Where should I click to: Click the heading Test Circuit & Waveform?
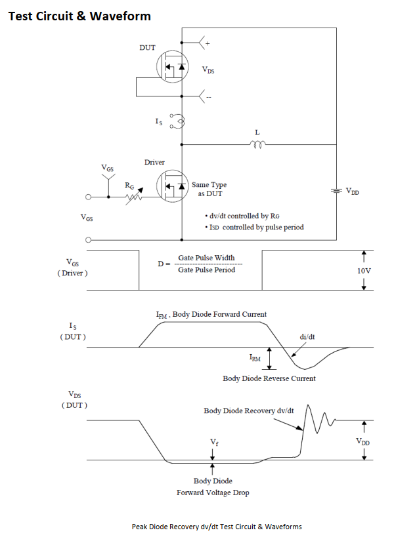[x=79, y=16]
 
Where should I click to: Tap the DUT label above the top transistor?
[x=147, y=48]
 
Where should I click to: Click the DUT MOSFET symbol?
[x=172, y=66]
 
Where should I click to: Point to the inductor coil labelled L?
[x=258, y=145]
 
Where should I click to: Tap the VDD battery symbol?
[x=336, y=191]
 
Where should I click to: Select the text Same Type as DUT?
[x=209, y=190]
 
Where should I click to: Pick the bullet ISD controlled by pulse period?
[x=255, y=228]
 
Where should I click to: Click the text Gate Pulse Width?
[x=206, y=258]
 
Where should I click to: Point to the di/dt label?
[x=307, y=336]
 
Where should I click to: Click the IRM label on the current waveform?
[x=255, y=359]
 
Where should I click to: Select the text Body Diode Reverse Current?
[x=269, y=378]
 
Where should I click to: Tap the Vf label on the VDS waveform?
[x=214, y=443]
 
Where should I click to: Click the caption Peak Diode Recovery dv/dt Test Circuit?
[x=216, y=527]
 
